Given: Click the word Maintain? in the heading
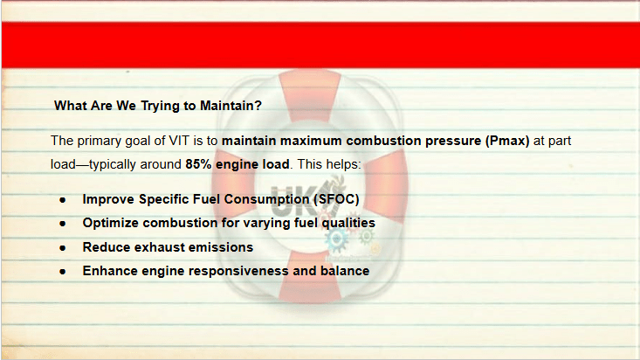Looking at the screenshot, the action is [231, 106].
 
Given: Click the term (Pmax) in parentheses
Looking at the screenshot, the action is [507, 141].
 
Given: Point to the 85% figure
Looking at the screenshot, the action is [198, 164].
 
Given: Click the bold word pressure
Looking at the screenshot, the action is [453, 142].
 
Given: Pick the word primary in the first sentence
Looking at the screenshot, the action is [100, 142].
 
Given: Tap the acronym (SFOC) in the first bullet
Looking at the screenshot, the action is [336, 199].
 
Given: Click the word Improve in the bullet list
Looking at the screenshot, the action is [108, 199].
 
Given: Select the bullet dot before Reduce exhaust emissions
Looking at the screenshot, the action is [63, 247].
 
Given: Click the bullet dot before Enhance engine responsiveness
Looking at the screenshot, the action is [63, 272].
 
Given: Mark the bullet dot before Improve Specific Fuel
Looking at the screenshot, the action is [63, 200].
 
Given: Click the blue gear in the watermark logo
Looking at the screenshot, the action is [336, 240].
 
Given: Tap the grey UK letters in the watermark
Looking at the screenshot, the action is [292, 201].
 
